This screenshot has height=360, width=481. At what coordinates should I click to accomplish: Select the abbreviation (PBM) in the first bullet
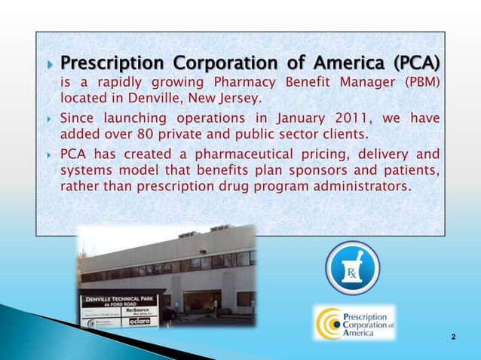click(x=423, y=81)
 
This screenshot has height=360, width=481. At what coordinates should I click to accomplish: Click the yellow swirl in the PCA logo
click(x=328, y=323)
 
